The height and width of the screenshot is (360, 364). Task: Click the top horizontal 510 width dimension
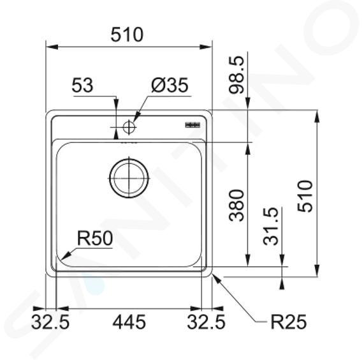[127, 34]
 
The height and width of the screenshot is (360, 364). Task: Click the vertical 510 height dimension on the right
[305, 197]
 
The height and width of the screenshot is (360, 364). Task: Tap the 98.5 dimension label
[237, 75]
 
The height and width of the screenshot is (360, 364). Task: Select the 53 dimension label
[82, 86]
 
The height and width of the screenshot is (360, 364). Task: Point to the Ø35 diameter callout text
[170, 85]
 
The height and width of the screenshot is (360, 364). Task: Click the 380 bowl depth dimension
[237, 206]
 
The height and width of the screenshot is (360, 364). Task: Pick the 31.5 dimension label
[270, 226]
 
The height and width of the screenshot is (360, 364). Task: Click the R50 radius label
[95, 238]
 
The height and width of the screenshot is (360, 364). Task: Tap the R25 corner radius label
[289, 322]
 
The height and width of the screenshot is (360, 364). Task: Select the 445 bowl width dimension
[129, 322]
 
